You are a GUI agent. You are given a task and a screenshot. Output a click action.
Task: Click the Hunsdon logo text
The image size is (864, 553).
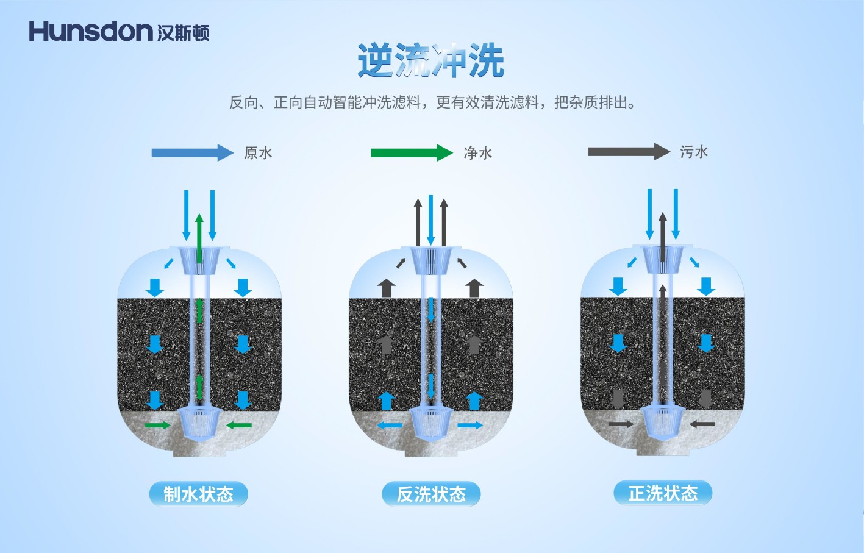pyautogui.click(x=90, y=31)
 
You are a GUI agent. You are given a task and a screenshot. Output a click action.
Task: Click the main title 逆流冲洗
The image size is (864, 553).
pyautogui.click(x=430, y=61)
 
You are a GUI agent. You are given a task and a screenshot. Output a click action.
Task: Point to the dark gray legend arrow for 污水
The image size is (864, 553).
pyautogui.click(x=629, y=151)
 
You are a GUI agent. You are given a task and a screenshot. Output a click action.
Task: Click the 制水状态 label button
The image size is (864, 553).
pyautogui.click(x=198, y=494)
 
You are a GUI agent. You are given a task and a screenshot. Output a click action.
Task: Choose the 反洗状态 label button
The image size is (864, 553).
pyautogui.click(x=431, y=494)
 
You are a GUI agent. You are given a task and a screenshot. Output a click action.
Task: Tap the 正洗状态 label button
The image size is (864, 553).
pyautogui.click(x=663, y=493)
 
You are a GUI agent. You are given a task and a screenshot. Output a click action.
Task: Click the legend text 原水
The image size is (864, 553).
pyautogui.click(x=258, y=153)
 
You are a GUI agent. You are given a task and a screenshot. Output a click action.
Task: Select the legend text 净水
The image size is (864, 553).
pyautogui.click(x=477, y=153)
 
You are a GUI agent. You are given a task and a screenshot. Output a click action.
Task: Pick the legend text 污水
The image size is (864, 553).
pyautogui.click(x=694, y=152)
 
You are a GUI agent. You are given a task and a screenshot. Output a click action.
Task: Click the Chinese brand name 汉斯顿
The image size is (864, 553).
pyautogui.click(x=183, y=32)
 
